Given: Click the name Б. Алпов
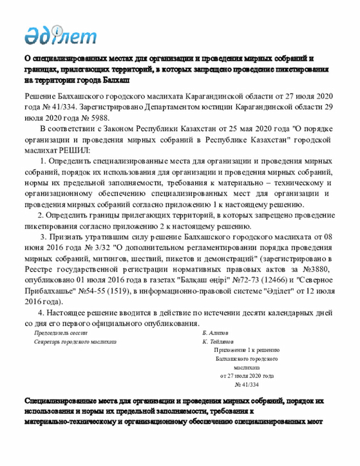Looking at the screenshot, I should point(215,333).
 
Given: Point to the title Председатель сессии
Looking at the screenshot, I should point(57,333).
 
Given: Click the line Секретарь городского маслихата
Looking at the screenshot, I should point(75,342).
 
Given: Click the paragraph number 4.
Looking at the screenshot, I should point(40,312).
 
